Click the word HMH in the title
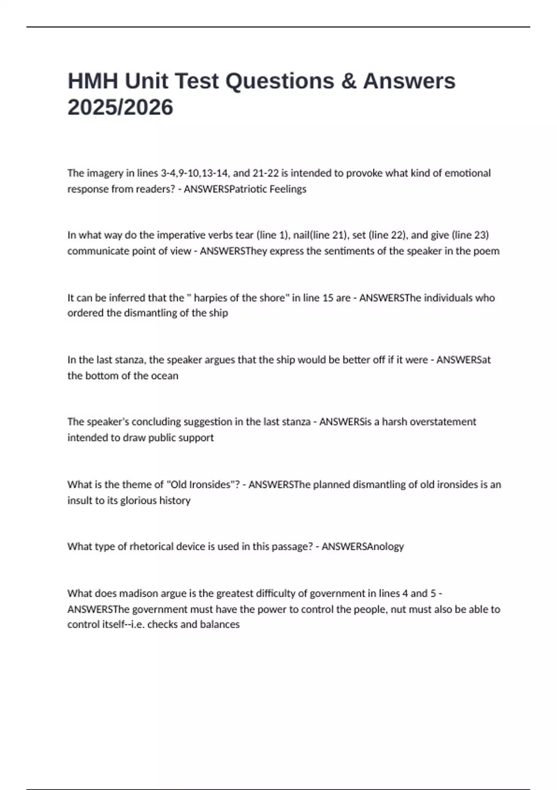(92, 81)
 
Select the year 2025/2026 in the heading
(120, 107)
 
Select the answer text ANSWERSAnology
(363, 546)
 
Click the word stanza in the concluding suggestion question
(293, 422)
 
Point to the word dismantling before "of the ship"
(153, 313)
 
